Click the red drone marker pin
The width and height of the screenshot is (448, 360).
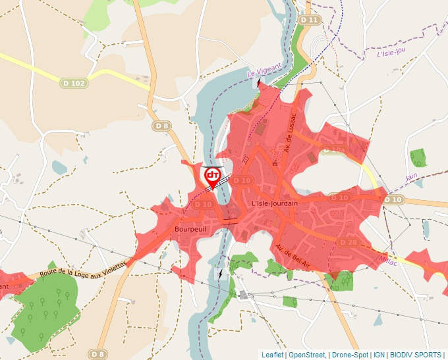pyautogui.click(x=212, y=176)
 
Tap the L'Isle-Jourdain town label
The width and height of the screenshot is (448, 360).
pyautogui.click(x=275, y=203)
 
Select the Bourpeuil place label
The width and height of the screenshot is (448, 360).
pyautogui.click(x=192, y=228)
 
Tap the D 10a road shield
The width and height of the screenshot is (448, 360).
pyautogui.click(x=333, y=151)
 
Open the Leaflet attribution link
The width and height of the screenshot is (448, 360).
pyautogui.click(x=272, y=355)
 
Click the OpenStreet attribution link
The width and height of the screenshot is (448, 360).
pyautogui.click(x=308, y=355)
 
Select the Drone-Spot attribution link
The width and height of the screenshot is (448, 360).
pyautogui.click(x=350, y=355)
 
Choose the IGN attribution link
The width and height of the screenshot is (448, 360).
pyautogui.click(x=379, y=355)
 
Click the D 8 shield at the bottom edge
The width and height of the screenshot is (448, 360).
pyautogui.click(x=98, y=354)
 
